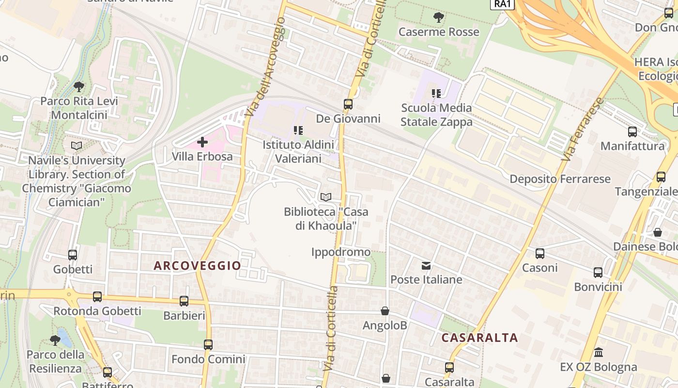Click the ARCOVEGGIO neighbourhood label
(197, 266)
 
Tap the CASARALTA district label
(480, 338)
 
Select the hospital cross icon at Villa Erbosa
(202, 142)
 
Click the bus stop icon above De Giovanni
(348, 104)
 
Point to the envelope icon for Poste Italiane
(426, 266)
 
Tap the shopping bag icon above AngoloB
(385, 311)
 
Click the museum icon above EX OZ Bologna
(598, 352)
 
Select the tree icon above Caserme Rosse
(439, 18)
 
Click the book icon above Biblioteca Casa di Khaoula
(326, 197)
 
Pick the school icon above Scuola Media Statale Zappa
(436, 93)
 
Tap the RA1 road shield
(502, 4)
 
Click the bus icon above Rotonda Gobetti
(97, 297)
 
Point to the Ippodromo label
(341, 252)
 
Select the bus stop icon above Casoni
(540, 253)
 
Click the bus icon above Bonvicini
(598, 273)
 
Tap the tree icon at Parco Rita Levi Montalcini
(78, 87)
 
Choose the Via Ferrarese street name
(583, 129)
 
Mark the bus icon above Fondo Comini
(208, 345)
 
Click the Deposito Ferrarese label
(560, 179)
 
